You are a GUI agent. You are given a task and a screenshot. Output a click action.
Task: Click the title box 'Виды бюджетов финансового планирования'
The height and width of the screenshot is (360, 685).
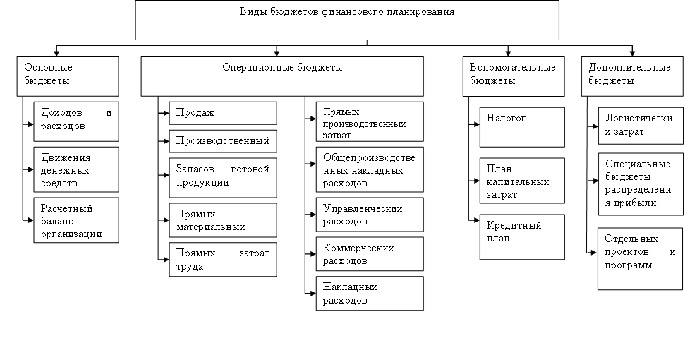347,20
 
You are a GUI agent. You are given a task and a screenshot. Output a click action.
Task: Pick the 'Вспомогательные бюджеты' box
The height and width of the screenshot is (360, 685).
514,76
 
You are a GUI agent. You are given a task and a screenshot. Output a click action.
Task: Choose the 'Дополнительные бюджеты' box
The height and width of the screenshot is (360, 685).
632,76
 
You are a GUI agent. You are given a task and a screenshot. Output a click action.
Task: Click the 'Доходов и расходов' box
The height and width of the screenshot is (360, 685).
76,120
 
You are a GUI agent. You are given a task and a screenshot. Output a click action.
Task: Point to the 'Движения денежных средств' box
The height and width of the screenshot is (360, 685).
76,169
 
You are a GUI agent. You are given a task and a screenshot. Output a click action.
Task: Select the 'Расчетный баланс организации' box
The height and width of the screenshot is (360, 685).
76,220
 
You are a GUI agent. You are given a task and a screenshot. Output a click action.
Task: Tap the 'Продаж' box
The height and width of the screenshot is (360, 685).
223,113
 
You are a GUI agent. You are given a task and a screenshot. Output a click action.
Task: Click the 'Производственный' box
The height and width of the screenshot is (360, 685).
223,140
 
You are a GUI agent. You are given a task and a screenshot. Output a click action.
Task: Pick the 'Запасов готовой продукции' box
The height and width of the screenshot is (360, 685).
223,177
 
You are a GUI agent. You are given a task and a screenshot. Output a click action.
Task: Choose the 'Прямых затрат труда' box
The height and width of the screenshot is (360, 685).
223,260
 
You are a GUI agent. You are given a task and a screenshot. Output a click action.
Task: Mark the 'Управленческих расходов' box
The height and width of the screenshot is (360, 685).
365,215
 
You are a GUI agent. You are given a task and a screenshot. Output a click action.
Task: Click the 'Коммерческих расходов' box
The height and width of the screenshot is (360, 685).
365,254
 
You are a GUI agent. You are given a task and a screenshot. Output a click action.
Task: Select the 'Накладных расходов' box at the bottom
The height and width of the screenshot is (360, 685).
365,293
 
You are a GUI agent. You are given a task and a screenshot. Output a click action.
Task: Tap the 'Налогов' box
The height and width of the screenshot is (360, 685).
522,127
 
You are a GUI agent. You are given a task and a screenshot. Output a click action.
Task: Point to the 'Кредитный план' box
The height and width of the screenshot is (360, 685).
522,236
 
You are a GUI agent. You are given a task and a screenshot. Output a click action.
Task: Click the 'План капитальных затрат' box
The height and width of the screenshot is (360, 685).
522,181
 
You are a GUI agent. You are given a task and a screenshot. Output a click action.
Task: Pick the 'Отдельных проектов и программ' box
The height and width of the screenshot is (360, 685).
640,258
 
